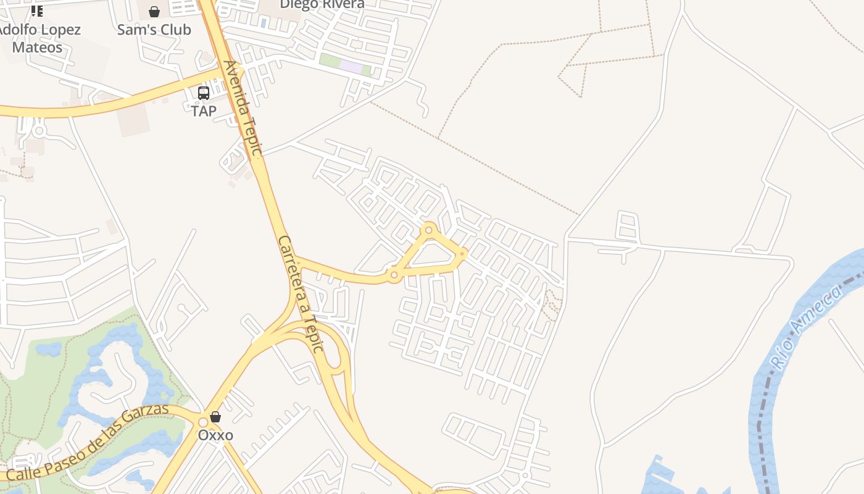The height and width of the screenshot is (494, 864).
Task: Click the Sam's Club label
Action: (x=154, y=30)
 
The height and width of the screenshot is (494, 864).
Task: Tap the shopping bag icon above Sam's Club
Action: (x=154, y=12)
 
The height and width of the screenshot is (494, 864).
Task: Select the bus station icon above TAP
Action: (x=204, y=93)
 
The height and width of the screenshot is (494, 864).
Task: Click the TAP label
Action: (x=204, y=111)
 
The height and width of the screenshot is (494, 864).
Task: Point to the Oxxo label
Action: (x=215, y=435)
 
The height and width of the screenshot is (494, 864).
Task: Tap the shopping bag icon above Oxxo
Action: (x=215, y=417)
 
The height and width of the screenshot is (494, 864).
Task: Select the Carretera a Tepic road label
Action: (x=301, y=293)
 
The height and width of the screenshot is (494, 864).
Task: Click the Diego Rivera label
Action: (x=322, y=4)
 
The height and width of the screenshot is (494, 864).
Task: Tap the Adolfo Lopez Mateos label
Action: (x=38, y=38)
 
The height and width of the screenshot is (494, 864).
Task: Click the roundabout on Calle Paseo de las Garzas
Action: (x=203, y=422)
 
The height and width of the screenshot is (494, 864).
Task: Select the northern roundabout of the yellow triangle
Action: (x=429, y=230)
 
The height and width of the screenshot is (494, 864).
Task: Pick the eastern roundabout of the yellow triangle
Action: (x=462, y=253)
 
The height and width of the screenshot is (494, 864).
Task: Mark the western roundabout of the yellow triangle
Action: (x=394, y=275)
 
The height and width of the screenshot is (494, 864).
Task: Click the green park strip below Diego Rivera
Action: (x=330, y=61)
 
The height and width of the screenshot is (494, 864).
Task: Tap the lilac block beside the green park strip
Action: (x=351, y=67)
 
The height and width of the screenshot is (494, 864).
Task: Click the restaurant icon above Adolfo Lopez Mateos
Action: (x=37, y=10)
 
